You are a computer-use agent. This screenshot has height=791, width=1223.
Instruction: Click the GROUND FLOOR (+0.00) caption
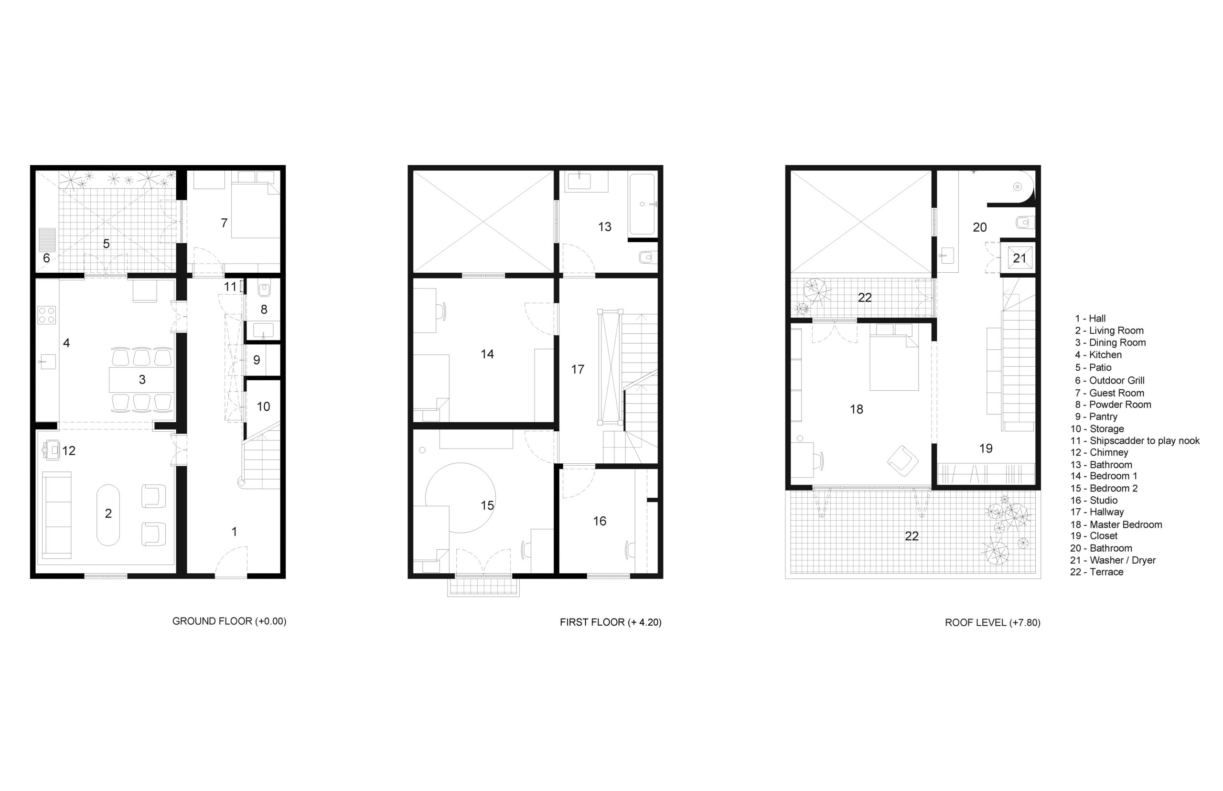(x=229, y=621)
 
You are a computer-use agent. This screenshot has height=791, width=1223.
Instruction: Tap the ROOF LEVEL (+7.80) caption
(x=992, y=622)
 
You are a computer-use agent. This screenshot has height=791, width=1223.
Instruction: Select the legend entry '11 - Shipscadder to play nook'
(x=1135, y=441)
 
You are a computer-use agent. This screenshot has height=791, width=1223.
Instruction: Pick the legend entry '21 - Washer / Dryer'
(x=1113, y=560)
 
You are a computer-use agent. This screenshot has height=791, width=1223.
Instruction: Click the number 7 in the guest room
(x=224, y=223)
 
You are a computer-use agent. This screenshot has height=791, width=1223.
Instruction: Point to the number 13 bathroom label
(x=604, y=226)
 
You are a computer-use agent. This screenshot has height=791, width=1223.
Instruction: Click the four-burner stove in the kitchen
(x=46, y=315)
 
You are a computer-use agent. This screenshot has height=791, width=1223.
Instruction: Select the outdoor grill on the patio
(x=47, y=240)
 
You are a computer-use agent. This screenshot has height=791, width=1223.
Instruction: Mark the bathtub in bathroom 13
(x=642, y=204)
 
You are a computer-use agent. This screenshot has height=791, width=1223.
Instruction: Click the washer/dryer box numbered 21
(x=1019, y=258)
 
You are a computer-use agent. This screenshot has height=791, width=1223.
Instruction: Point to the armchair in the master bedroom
(x=902, y=461)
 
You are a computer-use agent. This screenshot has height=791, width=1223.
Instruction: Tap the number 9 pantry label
(x=257, y=360)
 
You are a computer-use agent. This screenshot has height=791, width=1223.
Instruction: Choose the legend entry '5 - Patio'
(x=1093, y=368)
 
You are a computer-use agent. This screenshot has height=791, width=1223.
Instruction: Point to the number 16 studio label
(x=600, y=521)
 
